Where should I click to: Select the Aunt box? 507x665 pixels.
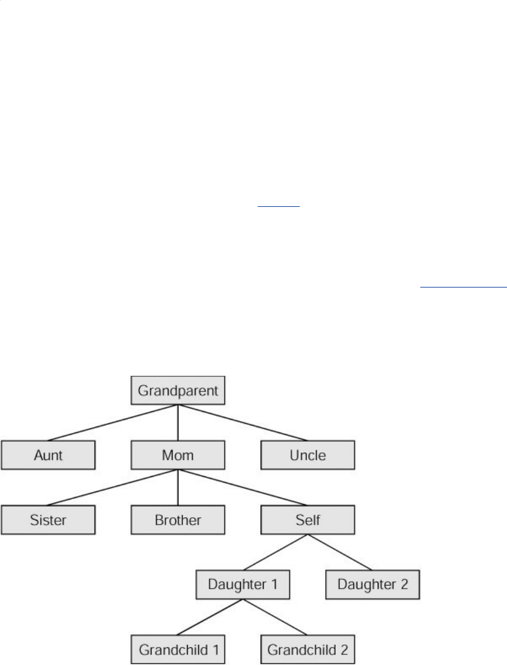click(48, 455)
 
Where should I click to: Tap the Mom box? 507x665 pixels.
click(177, 455)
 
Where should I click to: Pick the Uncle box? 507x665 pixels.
click(307, 455)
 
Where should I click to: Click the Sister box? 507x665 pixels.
click(48, 519)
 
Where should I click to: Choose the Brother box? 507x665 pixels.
click(177, 519)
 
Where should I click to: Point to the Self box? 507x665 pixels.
click(307, 519)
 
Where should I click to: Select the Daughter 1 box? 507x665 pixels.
click(242, 584)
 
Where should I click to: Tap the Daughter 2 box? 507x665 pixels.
click(372, 584)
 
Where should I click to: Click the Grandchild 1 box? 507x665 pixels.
click(177, 649)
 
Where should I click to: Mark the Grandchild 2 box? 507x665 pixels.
click(307, 649)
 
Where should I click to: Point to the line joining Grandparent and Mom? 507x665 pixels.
click(177, 424)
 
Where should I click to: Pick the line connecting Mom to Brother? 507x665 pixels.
click(177, 488)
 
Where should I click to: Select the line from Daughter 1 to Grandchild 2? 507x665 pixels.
click(274, 616)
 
